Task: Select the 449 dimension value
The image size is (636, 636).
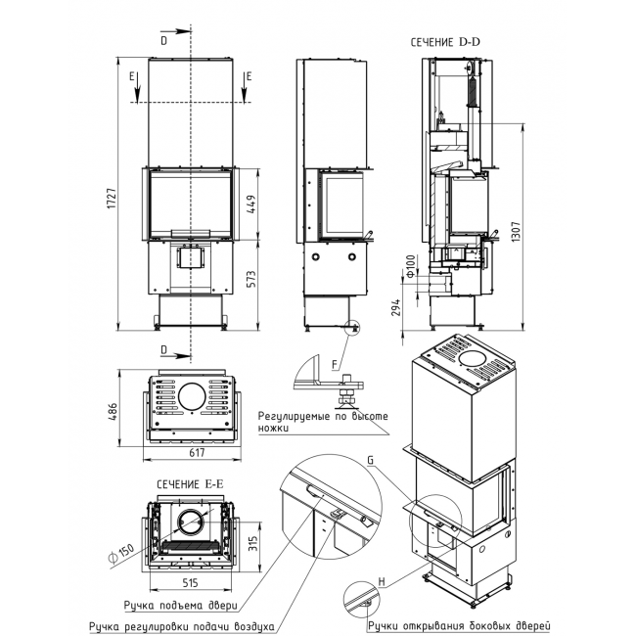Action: (x=251, y=204)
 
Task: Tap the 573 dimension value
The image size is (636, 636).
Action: (x=251, y=279)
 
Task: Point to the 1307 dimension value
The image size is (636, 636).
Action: (x=516, y=232)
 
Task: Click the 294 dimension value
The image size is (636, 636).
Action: (x=396, y=307)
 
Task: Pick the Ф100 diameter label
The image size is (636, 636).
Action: (x=411, y=267)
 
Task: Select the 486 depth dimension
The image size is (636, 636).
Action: (x=113, y=411)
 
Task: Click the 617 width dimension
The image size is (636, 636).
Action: (x=197, y=453)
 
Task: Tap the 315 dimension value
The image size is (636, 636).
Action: (x=252, y=543)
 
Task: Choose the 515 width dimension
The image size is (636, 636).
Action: (x=190, y=583)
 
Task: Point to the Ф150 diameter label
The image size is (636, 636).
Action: (x=121, y=554)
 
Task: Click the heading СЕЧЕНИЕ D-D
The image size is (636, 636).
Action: (x=445, y=42)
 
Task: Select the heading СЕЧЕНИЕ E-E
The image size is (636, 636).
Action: (x=190, y=484)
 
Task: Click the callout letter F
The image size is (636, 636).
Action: (x=335, y=365)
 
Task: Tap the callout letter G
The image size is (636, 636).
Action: (x=370, y=461)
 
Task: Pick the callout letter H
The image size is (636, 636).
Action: (x=382, y=582)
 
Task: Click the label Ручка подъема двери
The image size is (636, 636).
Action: (x=181, y=606)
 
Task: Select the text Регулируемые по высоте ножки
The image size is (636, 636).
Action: (x=323, y=422)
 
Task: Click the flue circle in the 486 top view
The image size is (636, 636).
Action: (x=192, y=396)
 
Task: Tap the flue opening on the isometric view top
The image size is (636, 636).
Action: (x=474, y=359)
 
